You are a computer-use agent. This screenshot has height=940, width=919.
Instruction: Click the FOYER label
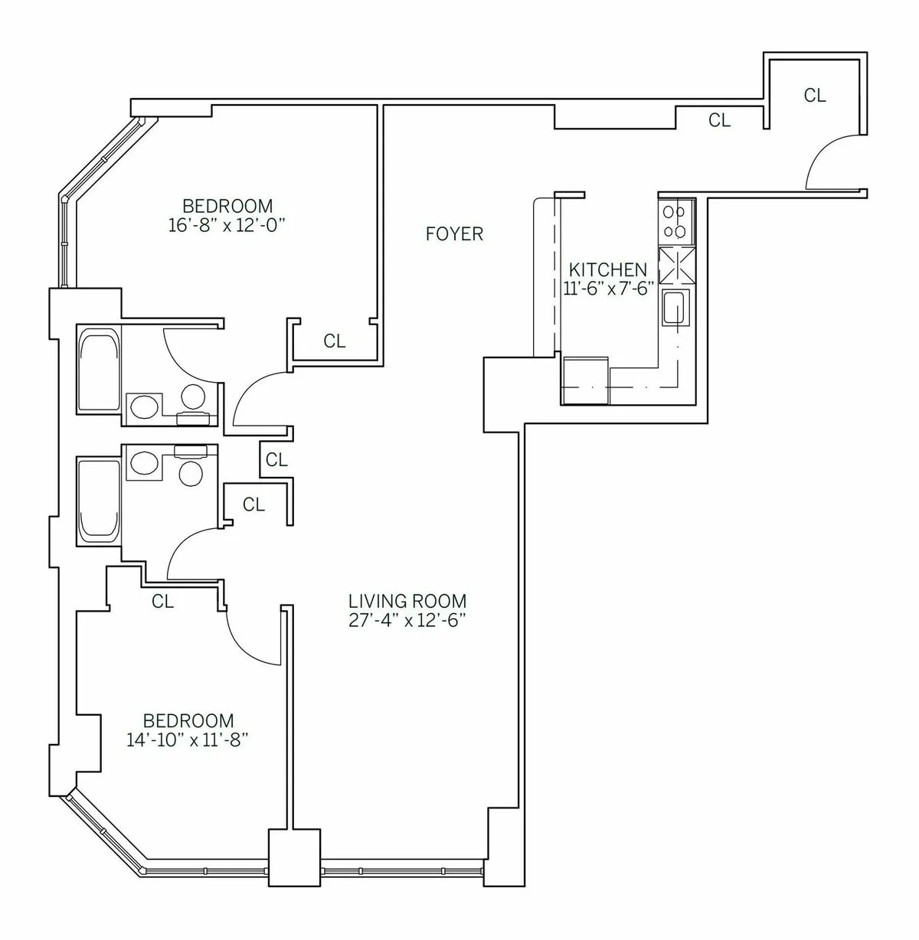(455, 234)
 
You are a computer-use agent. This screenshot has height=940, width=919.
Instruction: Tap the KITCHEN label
(608, 269)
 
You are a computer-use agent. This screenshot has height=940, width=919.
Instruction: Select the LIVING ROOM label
(407, 602)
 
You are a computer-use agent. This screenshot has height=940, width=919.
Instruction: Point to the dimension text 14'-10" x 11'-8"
(188, 740)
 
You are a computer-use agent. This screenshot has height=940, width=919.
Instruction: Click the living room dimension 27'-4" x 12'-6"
(407, 621)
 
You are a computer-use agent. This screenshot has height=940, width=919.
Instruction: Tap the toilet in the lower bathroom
(191, 470)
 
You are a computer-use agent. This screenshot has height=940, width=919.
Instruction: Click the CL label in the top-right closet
(815, 96)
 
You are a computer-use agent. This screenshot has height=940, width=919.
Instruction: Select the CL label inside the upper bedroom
(335, 341)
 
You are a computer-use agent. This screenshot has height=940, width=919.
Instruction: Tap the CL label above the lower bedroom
(162, 602)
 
